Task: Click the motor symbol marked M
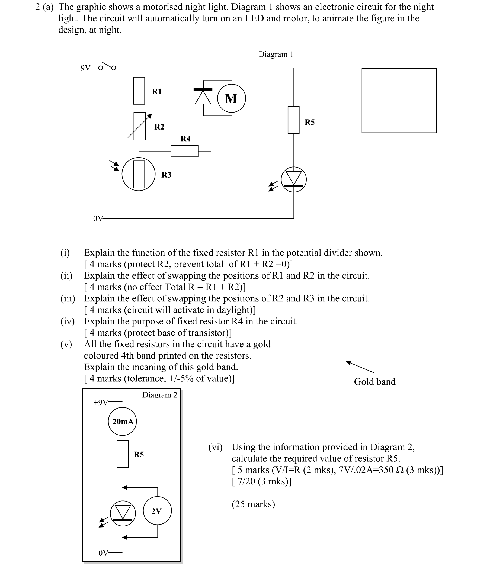pos(231,98)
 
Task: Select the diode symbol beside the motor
pos(203,96)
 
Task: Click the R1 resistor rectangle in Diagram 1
pos(139,91)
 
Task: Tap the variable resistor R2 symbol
pos(140,126)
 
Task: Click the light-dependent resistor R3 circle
pos(139,174)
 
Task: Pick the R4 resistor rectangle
pos(184,151)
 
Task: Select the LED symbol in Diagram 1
pos(294,179)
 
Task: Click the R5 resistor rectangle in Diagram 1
pos(293,120)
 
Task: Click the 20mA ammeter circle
pos(122,421)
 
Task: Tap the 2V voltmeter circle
pos(157,511)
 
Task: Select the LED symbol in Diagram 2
pos(123,513)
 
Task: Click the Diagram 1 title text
pos(276,54)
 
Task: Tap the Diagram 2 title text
pos(160,395)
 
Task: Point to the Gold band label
pos(374,381)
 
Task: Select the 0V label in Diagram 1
pos(98,219)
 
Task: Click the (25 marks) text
pos(253,504)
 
